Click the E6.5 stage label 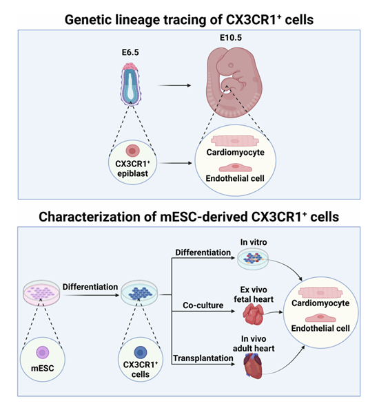(130, 52)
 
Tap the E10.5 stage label (231, 38)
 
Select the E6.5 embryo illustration (130, 84)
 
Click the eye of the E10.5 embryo (231, 65)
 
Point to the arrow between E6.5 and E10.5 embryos (174, 85)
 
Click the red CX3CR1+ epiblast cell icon (132, 151)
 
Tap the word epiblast (132, 173)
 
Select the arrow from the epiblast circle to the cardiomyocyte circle (176, 163)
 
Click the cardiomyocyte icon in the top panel (235, 141)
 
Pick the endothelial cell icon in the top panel (236, 167)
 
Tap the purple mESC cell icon (43, 352)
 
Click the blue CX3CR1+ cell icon (141, 353)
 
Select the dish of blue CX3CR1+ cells (139, 293)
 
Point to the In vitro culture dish (253, 259)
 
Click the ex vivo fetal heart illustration (253, 314)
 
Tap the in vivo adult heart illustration (253, 366)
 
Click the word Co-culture (203, 305)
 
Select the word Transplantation (203, 358)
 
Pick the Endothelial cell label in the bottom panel (320, 329)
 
